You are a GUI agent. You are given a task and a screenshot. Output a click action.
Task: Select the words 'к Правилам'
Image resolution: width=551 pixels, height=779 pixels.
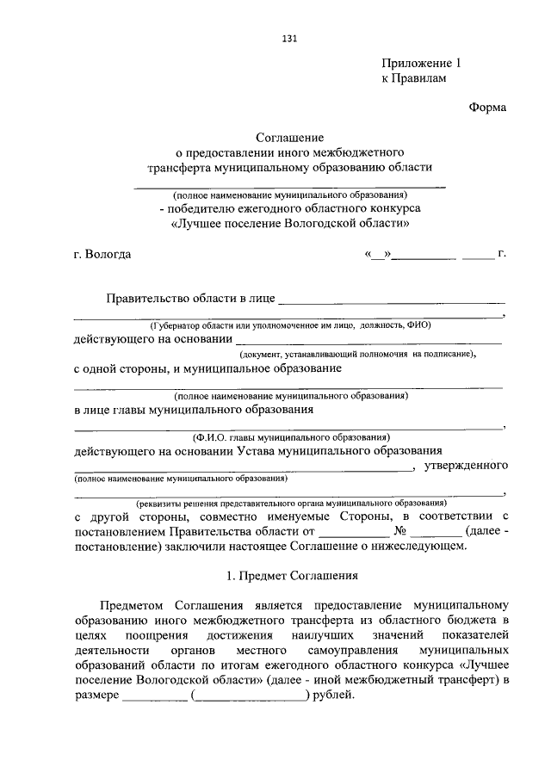[x=415, y=78]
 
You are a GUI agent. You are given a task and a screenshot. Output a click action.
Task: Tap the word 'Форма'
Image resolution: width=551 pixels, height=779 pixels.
[x=487, y=107]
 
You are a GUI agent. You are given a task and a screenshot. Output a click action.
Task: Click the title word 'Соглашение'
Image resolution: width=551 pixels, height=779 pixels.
[x=288, y=138]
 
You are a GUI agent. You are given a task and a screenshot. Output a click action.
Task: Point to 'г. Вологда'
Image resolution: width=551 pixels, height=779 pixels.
[x=103, y=255]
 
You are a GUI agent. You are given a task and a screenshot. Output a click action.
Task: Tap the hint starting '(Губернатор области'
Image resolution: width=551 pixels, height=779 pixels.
[x=289, y=326]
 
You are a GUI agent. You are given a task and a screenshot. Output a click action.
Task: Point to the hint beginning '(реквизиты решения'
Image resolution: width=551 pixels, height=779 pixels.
[x=289, y=502]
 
